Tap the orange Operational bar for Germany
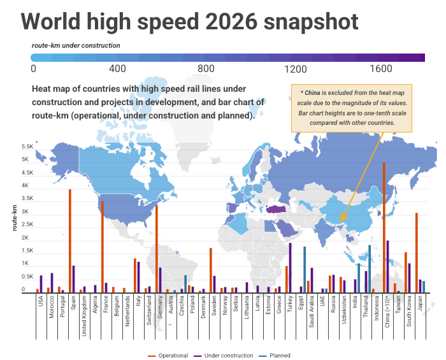pyautogui.click(x=156, y=249)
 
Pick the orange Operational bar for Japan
pyautogui.click(x=416, y=252)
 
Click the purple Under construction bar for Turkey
pyautogui.click(x=290, y=268)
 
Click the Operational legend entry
pyautogui.click(x=168, y=356)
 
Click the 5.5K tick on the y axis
pyautogui.click(x=26, y=147)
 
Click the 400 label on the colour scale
pyautogui.click(x=118, y=69)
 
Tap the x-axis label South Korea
pyautogui.click(x=408, y=311)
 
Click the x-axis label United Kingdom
pyautogui.click(x=83, y=316)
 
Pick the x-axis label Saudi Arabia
pyautogui.click(x=312, y=312)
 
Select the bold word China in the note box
pyautogui.click(x=313, y=93)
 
